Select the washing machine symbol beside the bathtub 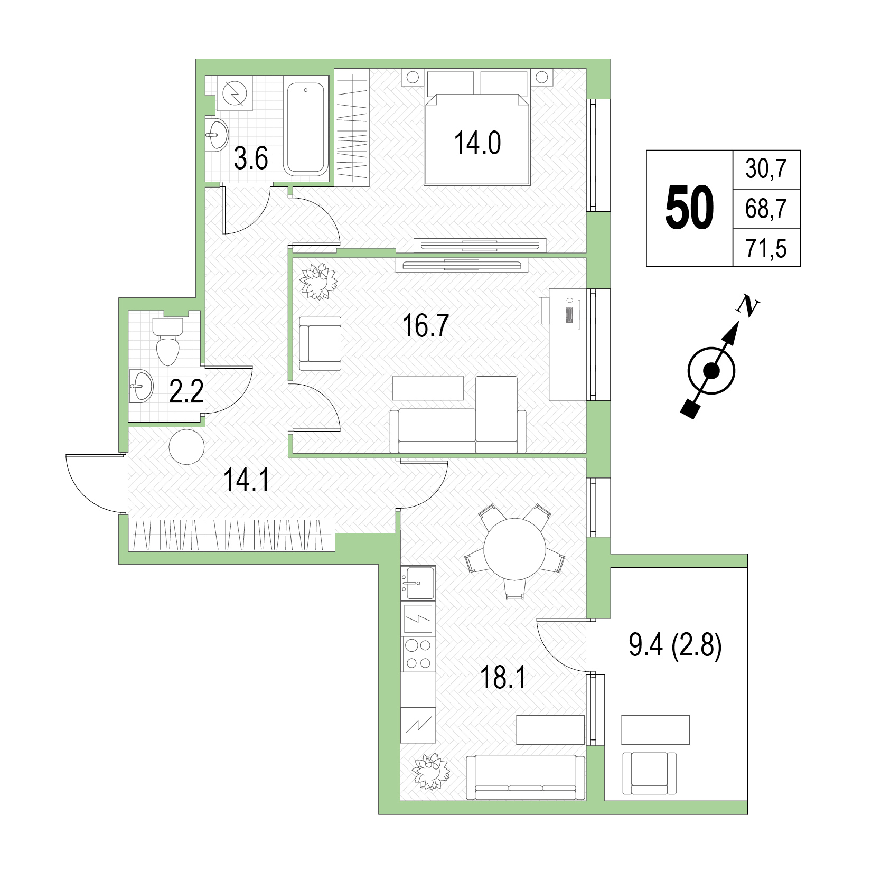pyautogui.click(x=235, y=93)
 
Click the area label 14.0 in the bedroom pyautogui.click(x=477, y=143)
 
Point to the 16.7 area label pyautogui.click(x=425, y=326)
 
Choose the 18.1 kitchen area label pyautogui.click(x=503, y=678)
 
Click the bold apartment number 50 pyautogui.click(x=689, y=208)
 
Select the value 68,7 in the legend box pyautogui.click(x=766, y=209)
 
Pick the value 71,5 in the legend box pyautogui.click(x=766, y=248)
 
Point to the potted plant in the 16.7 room pyautogui.click(x=318, y=281)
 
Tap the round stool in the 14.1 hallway pyautogui.click(x=186, y=447)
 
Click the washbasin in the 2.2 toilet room pyautogui.click(x=140, y=386)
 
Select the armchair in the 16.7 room pyautogui.click(x=320, y=343)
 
